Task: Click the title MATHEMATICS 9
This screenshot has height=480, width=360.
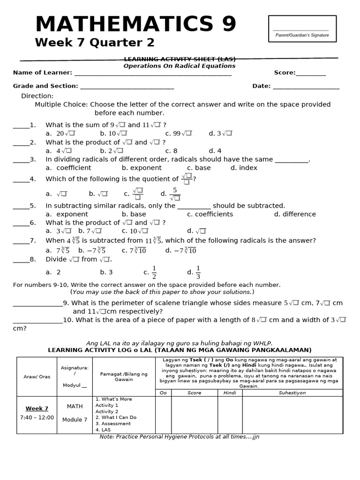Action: coord(135,24)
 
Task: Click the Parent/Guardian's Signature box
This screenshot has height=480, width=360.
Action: coord(302,29)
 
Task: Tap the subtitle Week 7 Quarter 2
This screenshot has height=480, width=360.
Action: coord(95,43)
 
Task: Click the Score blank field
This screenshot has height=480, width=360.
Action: coord(310,73)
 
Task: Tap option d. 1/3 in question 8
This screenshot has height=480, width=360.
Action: coord(194,272)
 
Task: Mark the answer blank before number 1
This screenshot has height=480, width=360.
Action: coord(21,125)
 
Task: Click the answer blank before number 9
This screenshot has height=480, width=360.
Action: coord(37,303)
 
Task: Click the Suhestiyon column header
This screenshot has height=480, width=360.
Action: coord(292,393)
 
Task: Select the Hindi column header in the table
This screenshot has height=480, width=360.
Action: coord(230,393)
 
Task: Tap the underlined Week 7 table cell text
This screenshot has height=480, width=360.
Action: coord(37,409)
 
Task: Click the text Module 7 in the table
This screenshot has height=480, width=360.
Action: coord(75,420)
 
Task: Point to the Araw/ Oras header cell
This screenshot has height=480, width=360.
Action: coord(37,376)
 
